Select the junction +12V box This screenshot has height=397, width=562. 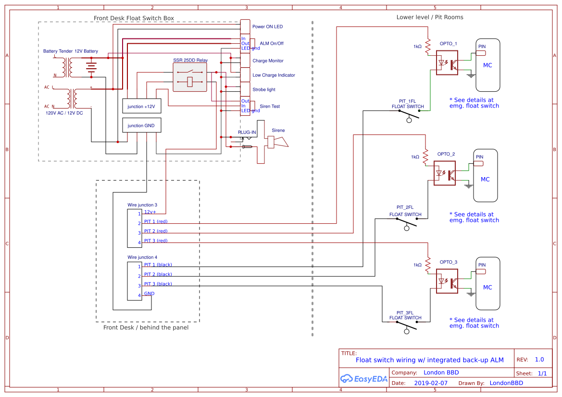[x=141, y=107]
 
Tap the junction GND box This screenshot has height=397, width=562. [x=141, y=125]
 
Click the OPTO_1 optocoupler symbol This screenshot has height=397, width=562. [x=447, y=63]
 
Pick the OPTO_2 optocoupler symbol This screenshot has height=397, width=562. [x=445, y=174]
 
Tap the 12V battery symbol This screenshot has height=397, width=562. [x=91, y=67]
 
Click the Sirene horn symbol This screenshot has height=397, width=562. [x=278, y=142]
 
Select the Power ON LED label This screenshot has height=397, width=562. [x=267, y=27]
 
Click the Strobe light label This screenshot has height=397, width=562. [x=264, y=90]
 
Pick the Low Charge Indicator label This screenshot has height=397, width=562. [x=274, y=75]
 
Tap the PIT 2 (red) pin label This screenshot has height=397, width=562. [x=156, y=231]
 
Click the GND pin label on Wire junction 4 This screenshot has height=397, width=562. [x=149, y=293]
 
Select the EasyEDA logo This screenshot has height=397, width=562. [x=364, y=378]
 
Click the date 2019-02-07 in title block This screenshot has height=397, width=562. [x=430, y=383]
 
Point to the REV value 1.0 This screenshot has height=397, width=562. [x=539, y=360]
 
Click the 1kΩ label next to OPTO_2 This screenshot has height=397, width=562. [x=415, y=157]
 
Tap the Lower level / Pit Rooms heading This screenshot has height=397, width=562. [x=430, y=17]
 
